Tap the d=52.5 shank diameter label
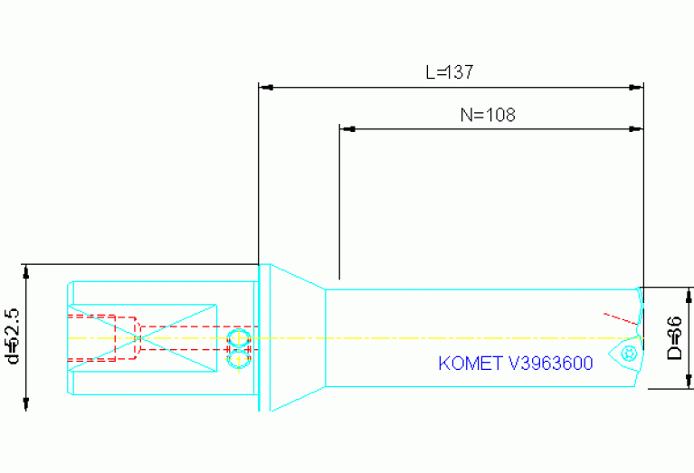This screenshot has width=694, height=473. pos(12,335)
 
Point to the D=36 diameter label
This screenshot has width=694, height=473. pos(673,338)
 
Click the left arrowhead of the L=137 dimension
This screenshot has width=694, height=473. pos(266,88)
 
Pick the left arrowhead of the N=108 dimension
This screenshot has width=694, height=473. pos(346,128)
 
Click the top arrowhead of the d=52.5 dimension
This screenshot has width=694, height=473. pos(27,271)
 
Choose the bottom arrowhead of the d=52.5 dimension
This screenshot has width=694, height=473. pos(27,403)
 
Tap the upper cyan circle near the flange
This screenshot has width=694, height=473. pos(238,339)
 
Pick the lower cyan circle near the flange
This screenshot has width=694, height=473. pos(238,359)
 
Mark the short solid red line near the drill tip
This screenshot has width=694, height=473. pos(621,318)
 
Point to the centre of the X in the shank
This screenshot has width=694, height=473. pos(140,337)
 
